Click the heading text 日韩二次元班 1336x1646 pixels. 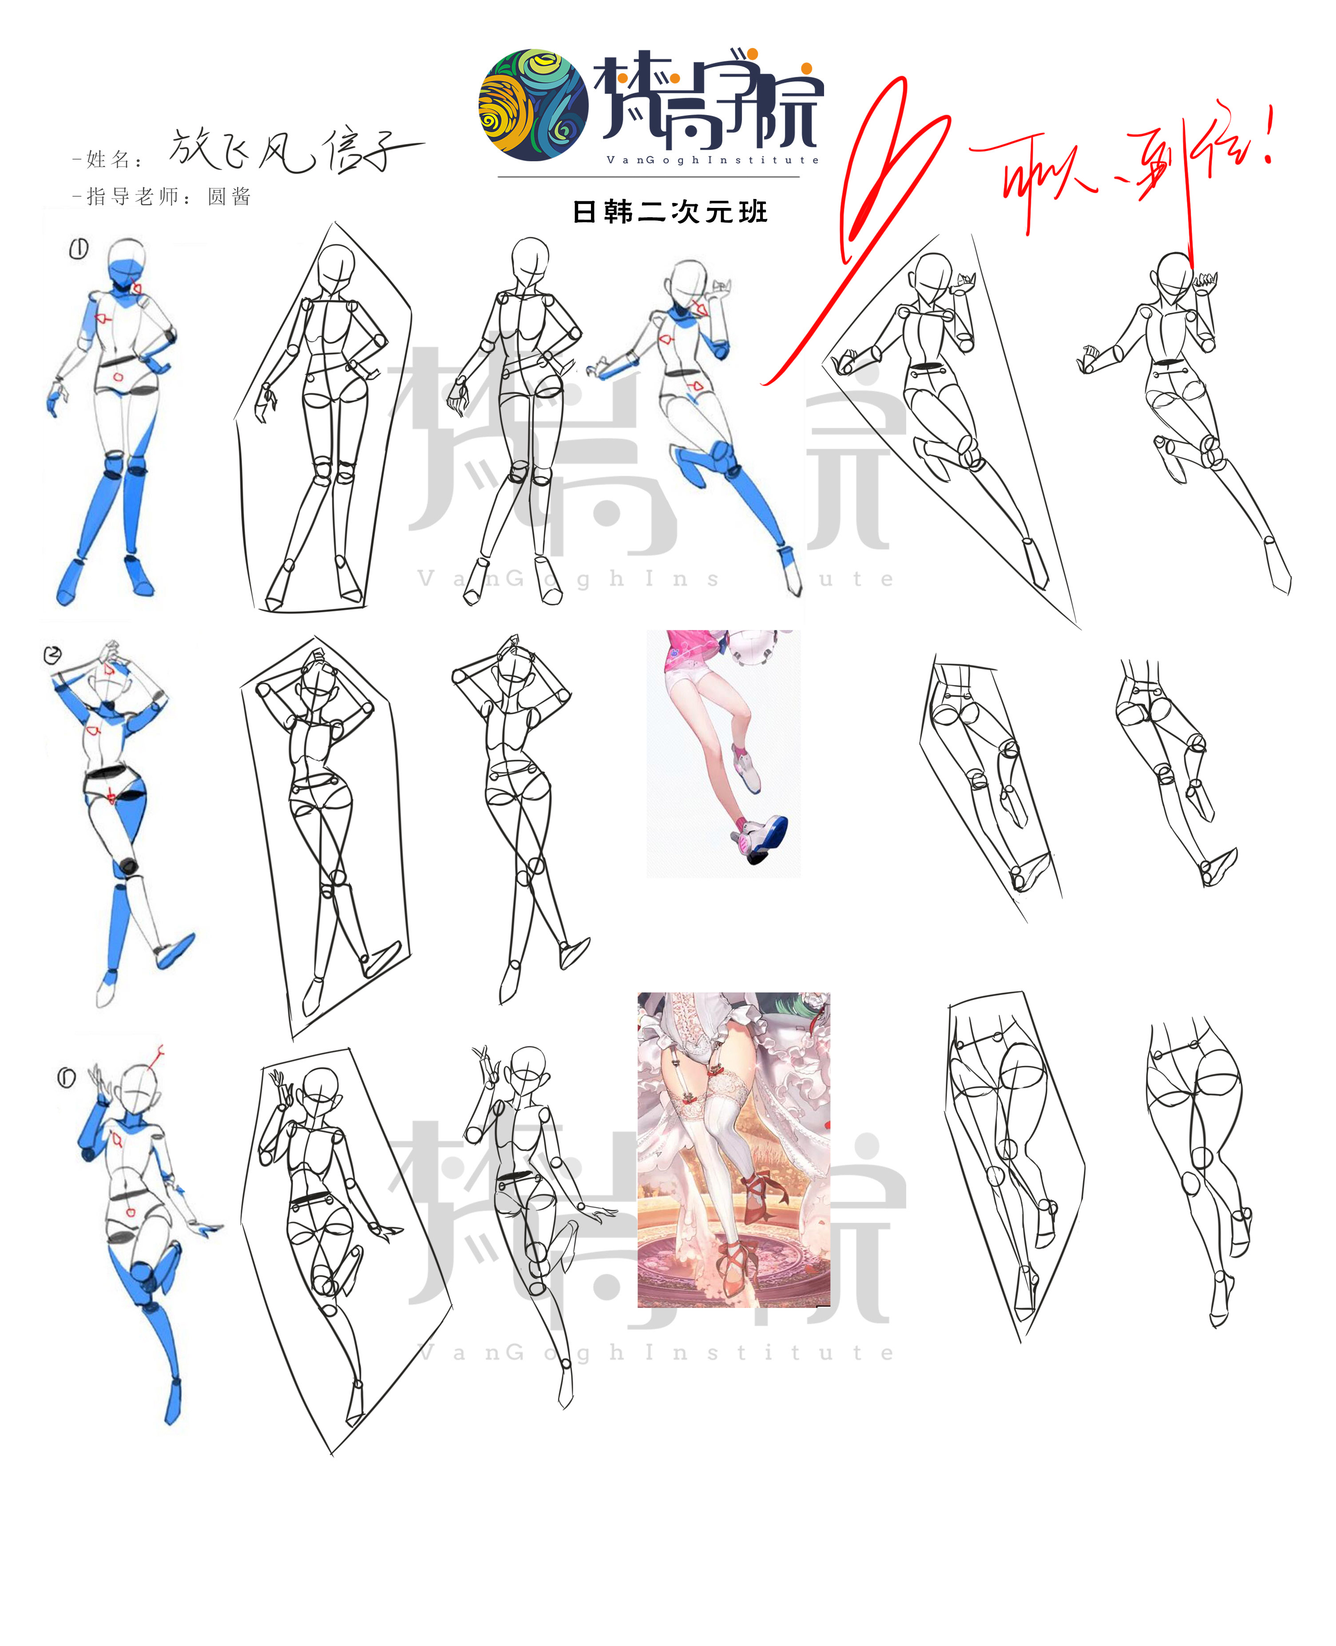[x=670, y=212]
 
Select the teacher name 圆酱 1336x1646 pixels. [x=230, y=197]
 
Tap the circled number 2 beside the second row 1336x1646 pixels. [x=52, y=655]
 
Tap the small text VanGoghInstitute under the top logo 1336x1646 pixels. [x=712, y=160]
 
